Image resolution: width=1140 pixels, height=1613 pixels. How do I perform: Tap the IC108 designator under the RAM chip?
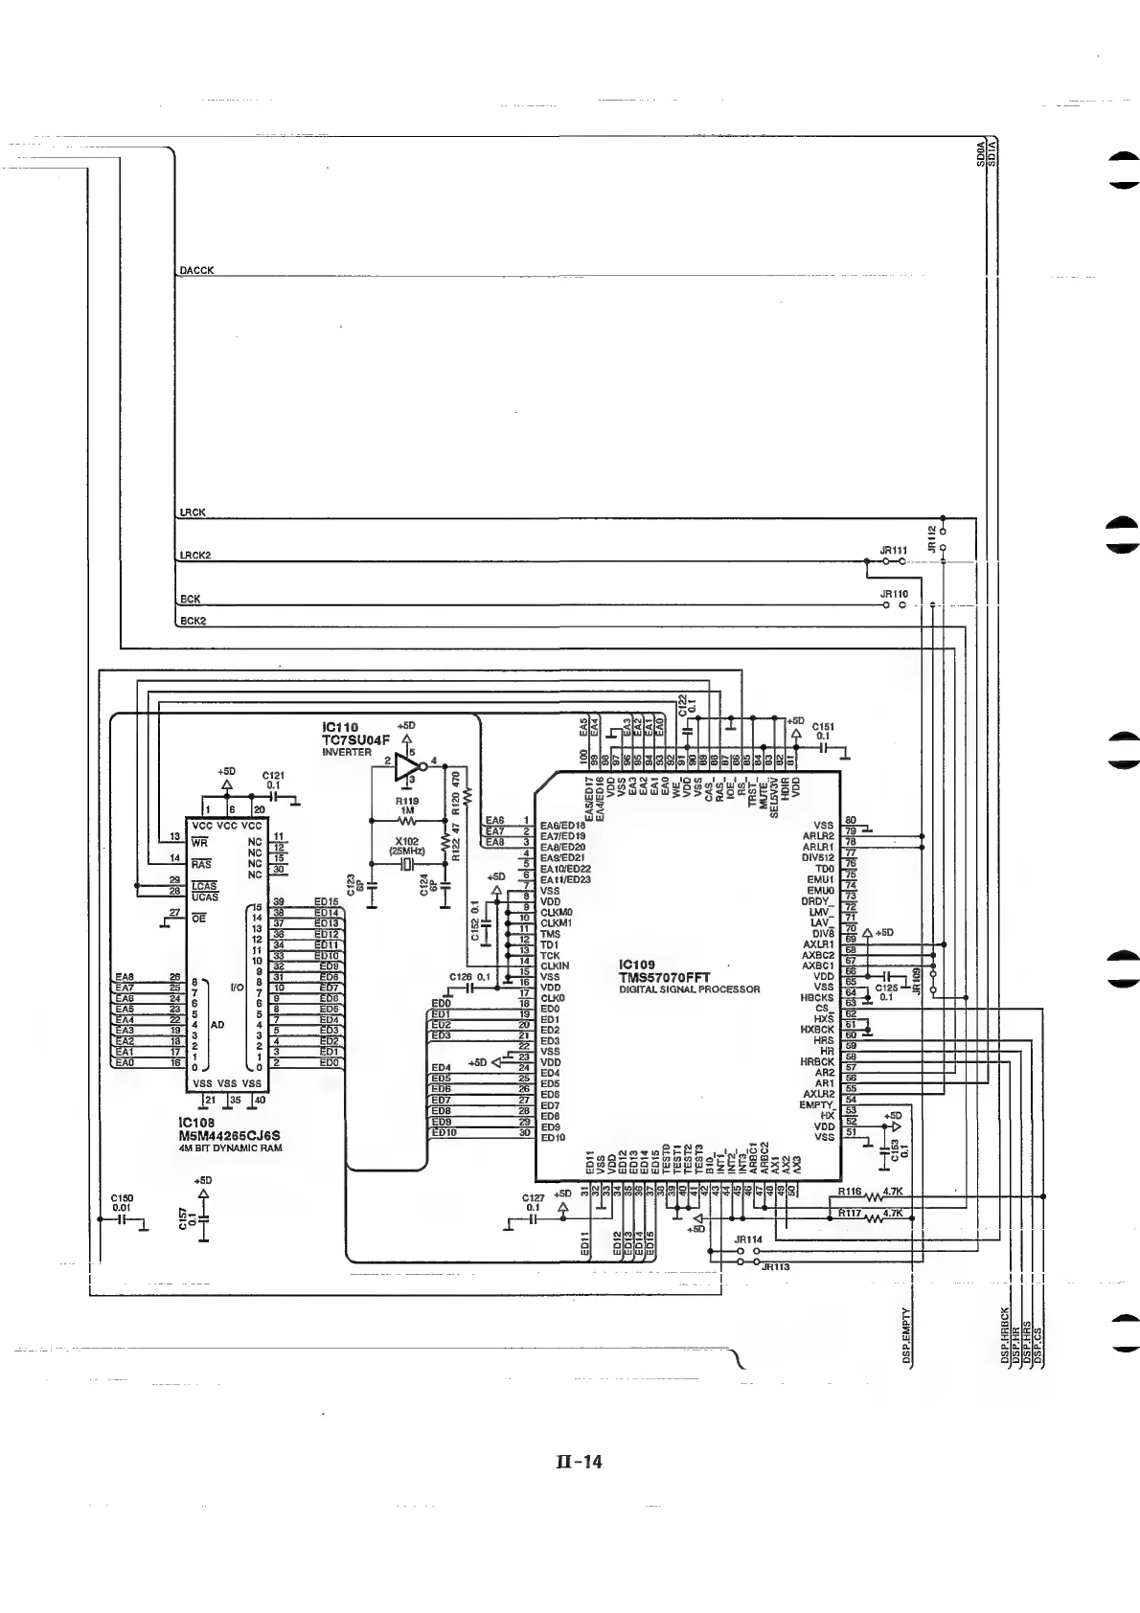point(196,1123)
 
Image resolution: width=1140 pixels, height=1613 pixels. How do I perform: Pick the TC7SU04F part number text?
point(355,739)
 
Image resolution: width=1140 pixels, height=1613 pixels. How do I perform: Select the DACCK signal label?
point(196,271)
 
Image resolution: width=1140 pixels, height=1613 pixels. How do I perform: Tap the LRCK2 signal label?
point(195,556)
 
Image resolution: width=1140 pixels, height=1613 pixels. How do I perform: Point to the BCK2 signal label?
point(193,621)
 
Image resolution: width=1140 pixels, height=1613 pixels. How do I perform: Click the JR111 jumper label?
point(893,551)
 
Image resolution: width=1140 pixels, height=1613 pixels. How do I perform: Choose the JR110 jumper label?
point(893,594)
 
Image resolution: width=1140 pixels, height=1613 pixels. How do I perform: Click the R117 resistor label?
point(850,1213)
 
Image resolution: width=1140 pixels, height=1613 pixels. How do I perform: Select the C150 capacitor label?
point(122,1197)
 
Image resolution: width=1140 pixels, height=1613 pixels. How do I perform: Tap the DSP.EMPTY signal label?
point(906,1337)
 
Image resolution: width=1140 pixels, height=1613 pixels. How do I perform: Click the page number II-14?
point(579,1462)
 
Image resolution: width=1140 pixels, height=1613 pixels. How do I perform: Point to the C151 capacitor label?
point(822,727)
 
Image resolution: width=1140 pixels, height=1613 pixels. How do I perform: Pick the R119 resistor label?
point(407,802)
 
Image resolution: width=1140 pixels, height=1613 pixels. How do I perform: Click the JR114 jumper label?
point(747,1239)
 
